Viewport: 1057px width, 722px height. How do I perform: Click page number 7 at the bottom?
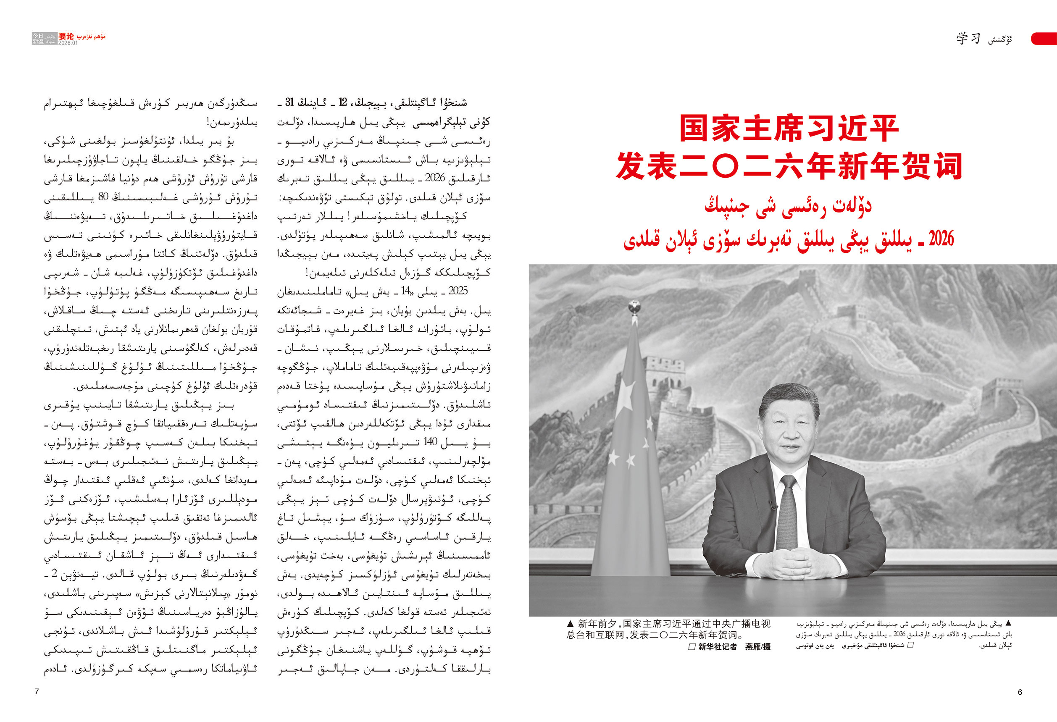(x=37, y=691)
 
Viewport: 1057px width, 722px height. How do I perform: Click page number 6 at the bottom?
(x=1020, y=692)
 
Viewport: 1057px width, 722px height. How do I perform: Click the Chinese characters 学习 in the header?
(x=968, y=39)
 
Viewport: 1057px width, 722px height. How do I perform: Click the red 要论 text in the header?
(x=66, y=36)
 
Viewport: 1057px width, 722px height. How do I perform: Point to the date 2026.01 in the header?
(x=68, y=43)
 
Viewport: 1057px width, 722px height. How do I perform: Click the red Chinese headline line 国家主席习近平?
(x=789, y=128)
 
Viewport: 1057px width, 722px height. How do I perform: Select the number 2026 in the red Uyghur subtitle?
(x=941, y=238)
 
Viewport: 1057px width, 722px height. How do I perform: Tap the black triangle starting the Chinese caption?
(x=571, y=624)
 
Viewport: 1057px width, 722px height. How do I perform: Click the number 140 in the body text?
(x=430, y=441)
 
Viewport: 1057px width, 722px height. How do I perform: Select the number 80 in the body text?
(x=103, y=197)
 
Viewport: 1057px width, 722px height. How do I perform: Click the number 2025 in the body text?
(x=458, y=291)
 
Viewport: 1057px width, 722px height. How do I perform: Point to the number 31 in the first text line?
(x=289, y=102)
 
